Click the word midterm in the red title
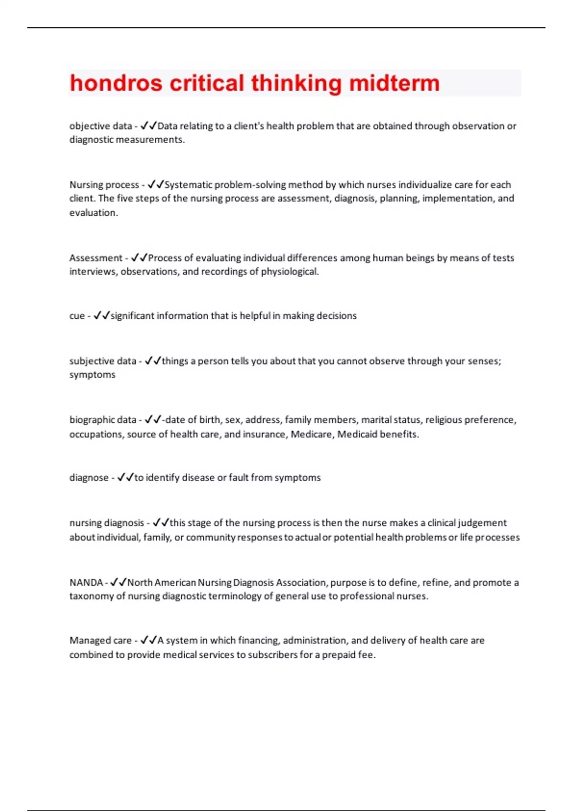tap(394, 83)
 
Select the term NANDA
tap(86, 582)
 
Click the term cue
tap(77, 316)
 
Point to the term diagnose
tap(89, 478)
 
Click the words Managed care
tap(100, 640)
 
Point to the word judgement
tap(482, 523)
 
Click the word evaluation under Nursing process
tap(93, 213)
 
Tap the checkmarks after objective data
tap(149, 126)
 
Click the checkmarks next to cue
tap(102, 316)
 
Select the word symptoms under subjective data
tap(92, 375)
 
